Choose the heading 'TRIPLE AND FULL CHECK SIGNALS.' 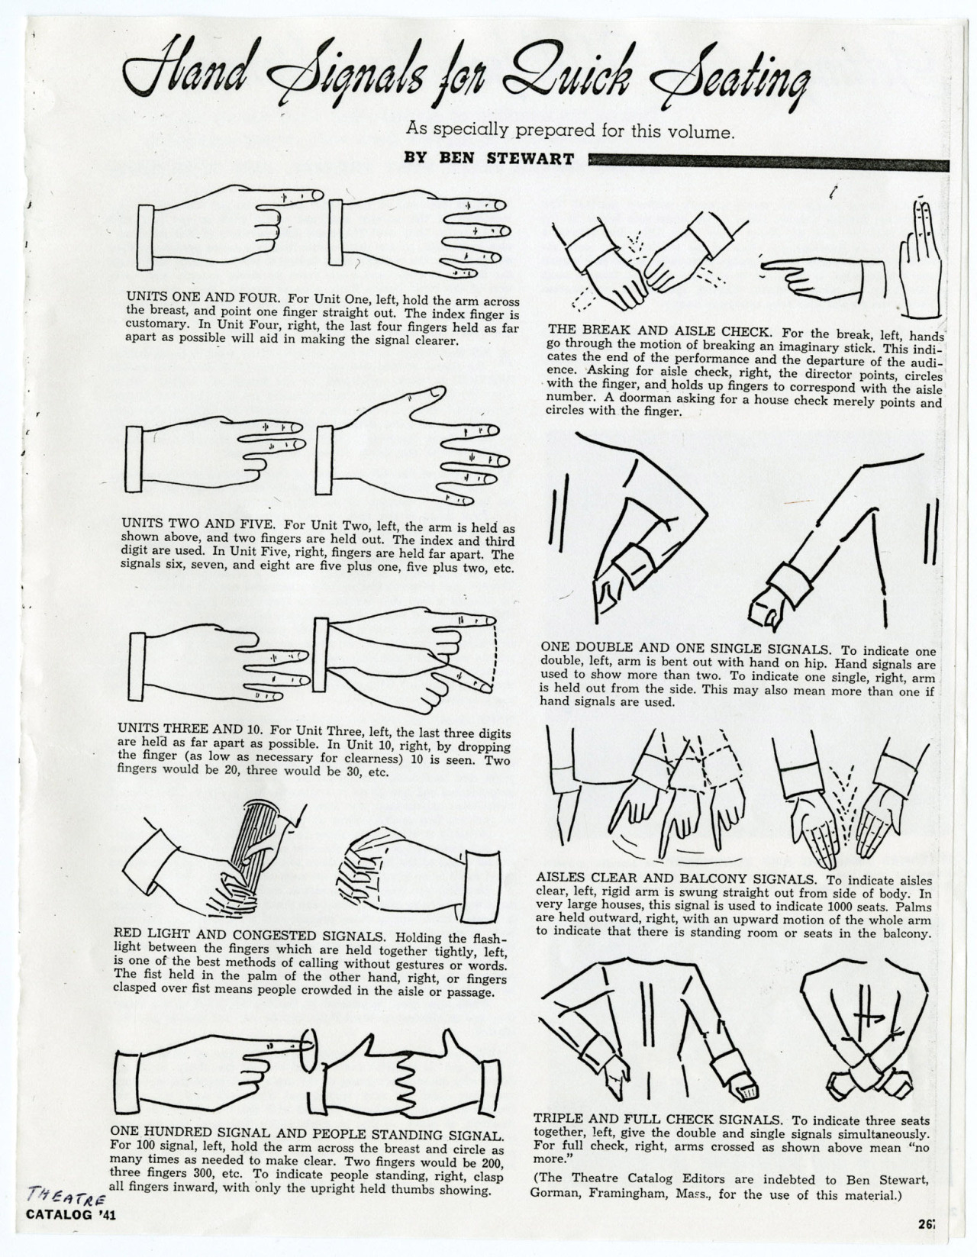657,1120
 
